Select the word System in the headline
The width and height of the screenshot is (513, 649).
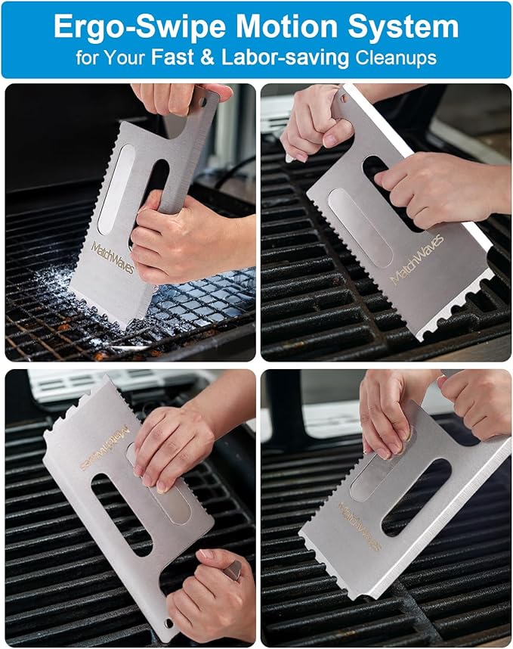click(x=407, y=27)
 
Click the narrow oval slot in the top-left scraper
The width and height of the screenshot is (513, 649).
click(x=116, y=189)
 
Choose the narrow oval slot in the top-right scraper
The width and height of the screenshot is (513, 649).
click(x=361, y=226)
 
